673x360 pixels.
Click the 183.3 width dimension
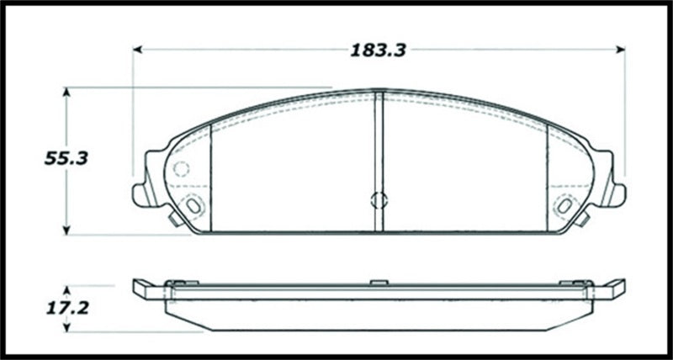[x=379, y=50]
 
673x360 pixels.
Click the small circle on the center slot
[x=378, y=200]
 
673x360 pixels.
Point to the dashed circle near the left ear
[x=181, y=168]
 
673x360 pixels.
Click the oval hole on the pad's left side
[x=193, y=204]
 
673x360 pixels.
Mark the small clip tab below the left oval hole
[x=172, y=221]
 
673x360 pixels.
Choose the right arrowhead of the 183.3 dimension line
[x=622, y=50]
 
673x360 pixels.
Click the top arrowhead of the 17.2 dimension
[x=67, y=283]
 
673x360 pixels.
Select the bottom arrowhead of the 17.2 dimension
[x=67, y=331]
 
